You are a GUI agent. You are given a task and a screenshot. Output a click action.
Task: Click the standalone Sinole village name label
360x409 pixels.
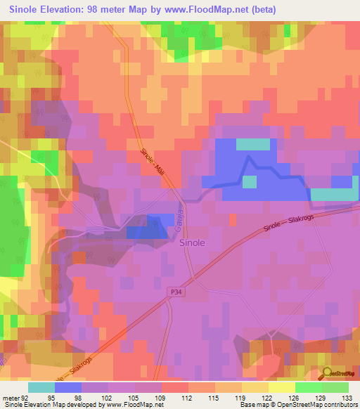193,242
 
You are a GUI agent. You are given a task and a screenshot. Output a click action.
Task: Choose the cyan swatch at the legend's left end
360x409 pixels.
41,387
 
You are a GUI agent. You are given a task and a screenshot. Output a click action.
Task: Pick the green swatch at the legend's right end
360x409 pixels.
335,387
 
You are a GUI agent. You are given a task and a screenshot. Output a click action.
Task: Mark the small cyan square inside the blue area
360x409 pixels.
250,181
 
